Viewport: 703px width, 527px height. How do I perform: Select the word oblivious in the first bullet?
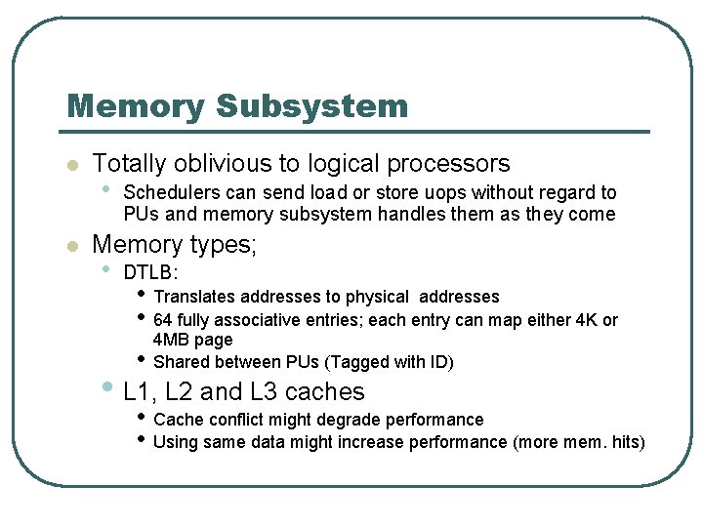click(x=234, y=163)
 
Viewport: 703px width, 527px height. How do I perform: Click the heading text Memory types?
click(x=174, y=244)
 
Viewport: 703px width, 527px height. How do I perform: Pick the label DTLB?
click(x=150, y=273)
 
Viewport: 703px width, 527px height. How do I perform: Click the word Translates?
click(x=194, y=297)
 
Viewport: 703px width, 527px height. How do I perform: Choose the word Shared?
click(x=182, y=362)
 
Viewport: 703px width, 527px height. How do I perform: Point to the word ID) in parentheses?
click(x=437, y=362)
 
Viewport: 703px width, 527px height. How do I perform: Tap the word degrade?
click(x=352, y=420)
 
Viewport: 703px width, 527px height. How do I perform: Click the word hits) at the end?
click(x=624, y=443)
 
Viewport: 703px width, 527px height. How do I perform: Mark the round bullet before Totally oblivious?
click(x=70, y=166)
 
